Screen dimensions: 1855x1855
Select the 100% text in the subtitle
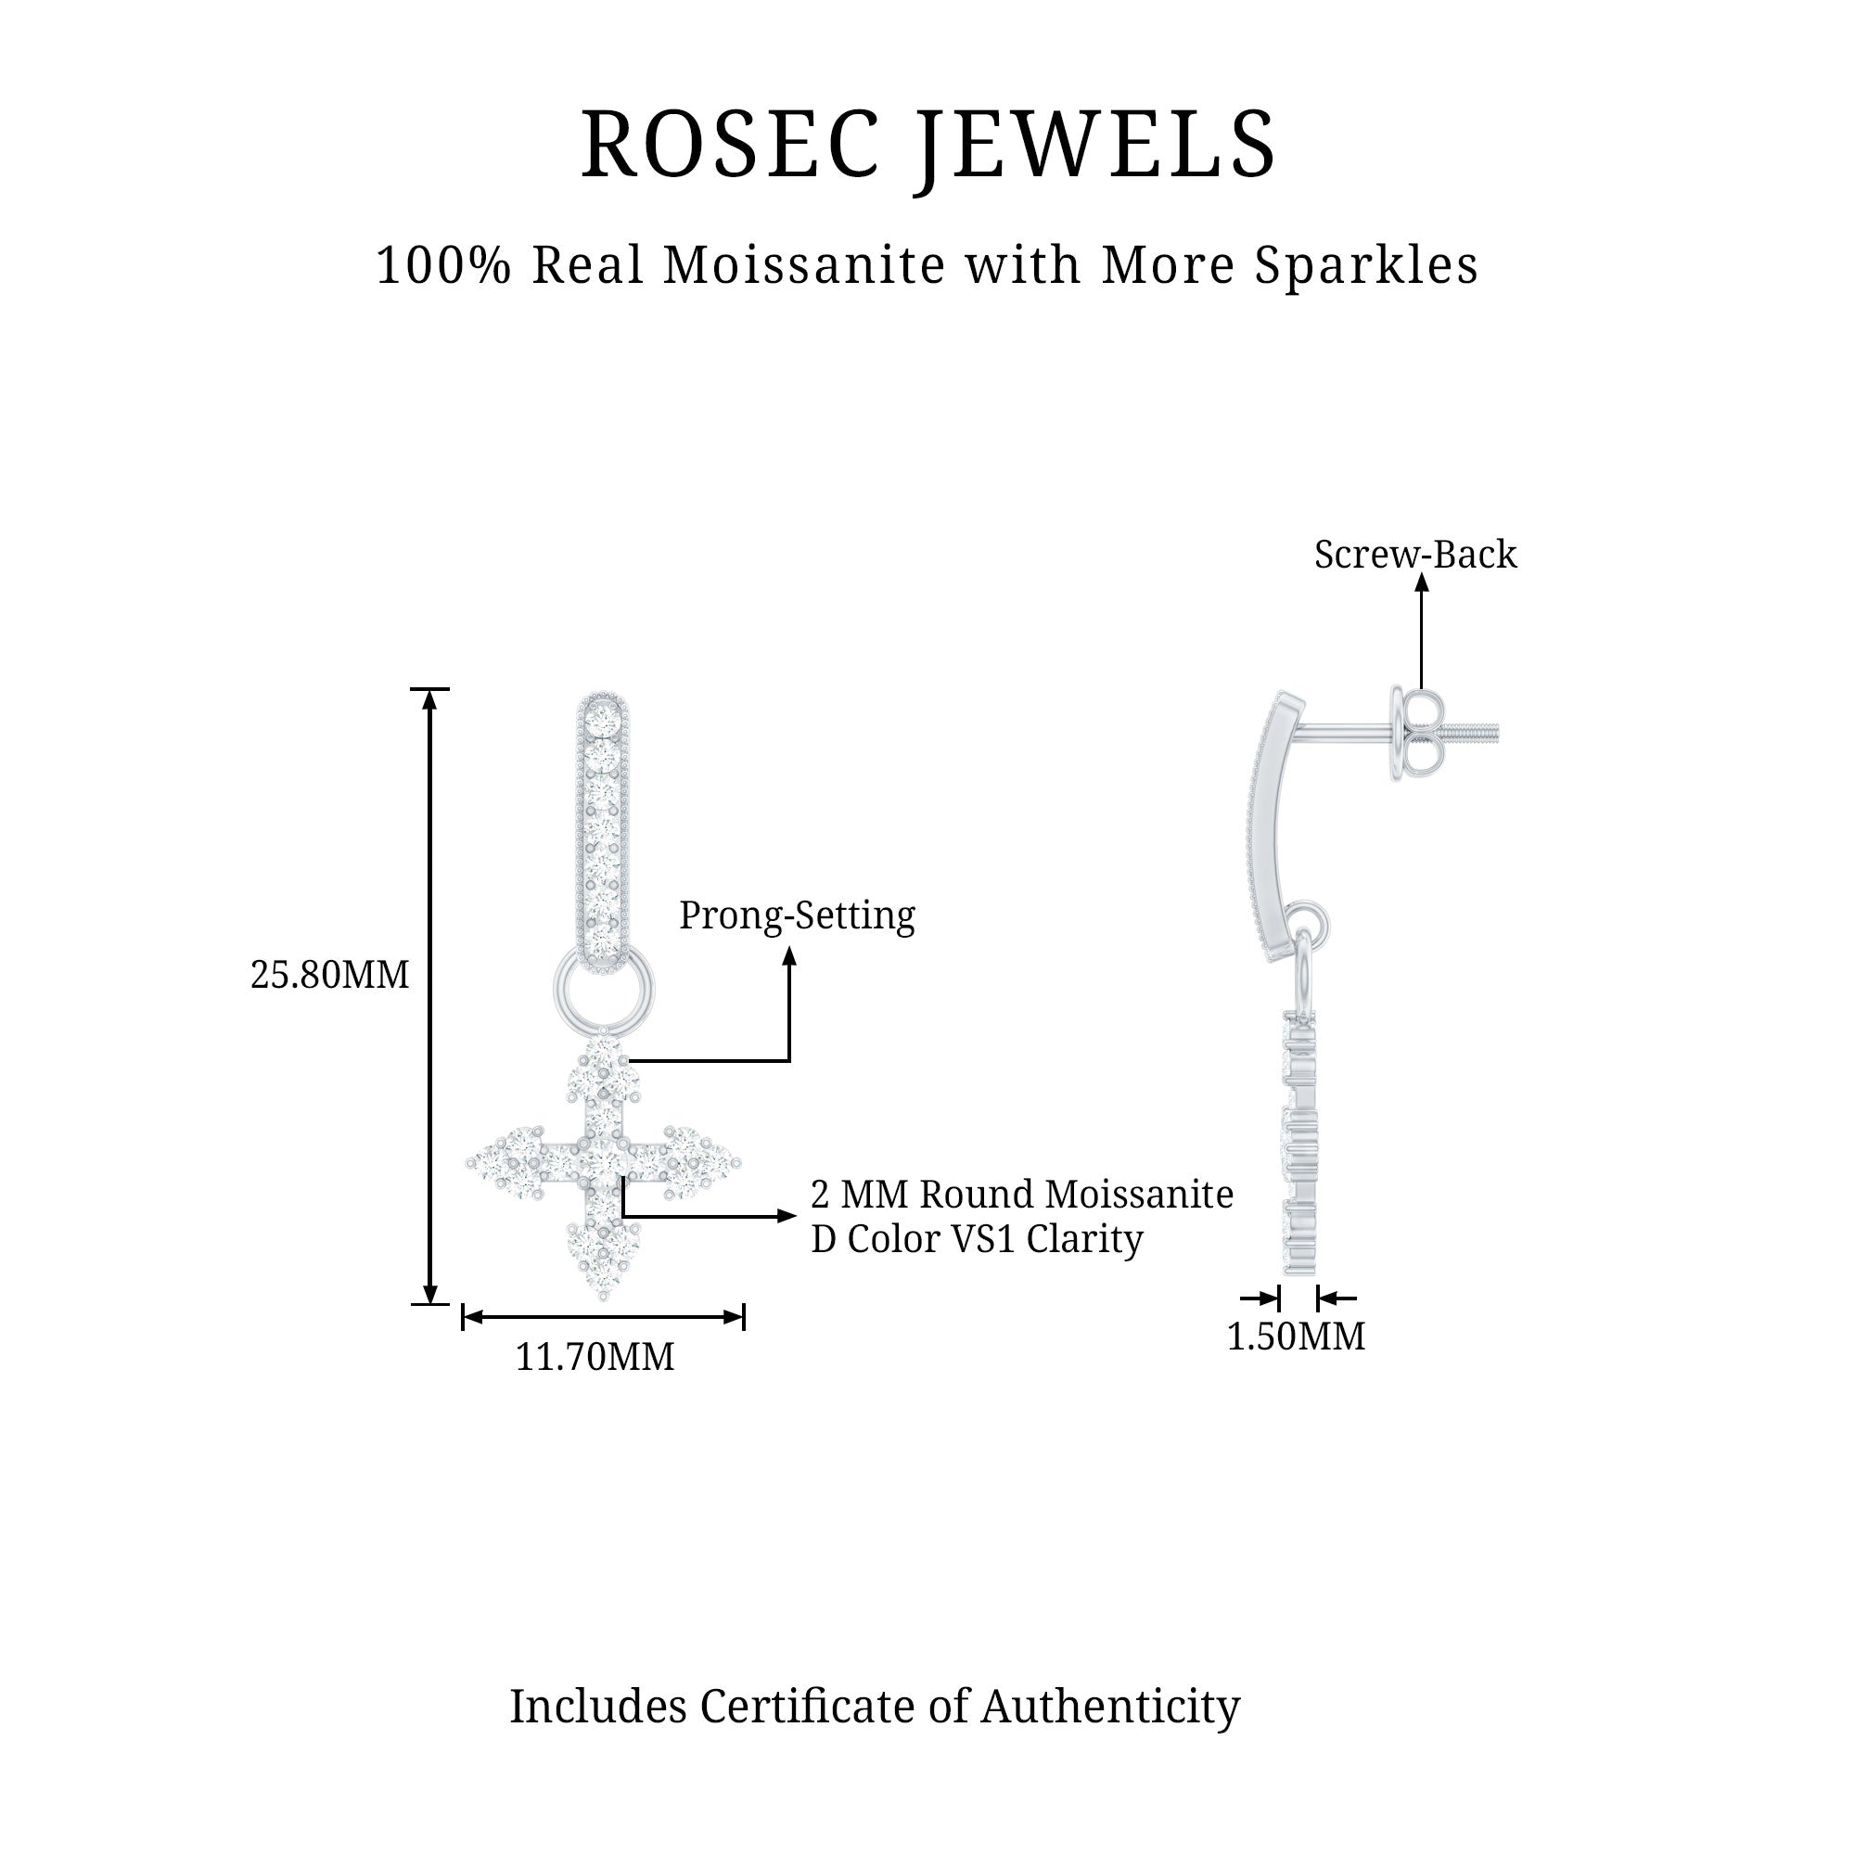[x=442, y=266]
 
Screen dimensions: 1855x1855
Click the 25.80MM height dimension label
[x=329, y=975]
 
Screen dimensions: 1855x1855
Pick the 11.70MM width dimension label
[x=595, y=1357]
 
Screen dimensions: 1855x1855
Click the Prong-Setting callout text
[x=797, y=915]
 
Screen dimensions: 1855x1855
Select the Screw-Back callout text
[x=1415, y=555]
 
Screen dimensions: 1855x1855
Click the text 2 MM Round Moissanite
[x=1021, y=1195]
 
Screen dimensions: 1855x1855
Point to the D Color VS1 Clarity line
[x=977, y=1238]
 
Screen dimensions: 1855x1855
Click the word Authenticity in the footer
[x=1110, y=1707]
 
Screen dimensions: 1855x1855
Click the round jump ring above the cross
[x=603, y=987]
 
